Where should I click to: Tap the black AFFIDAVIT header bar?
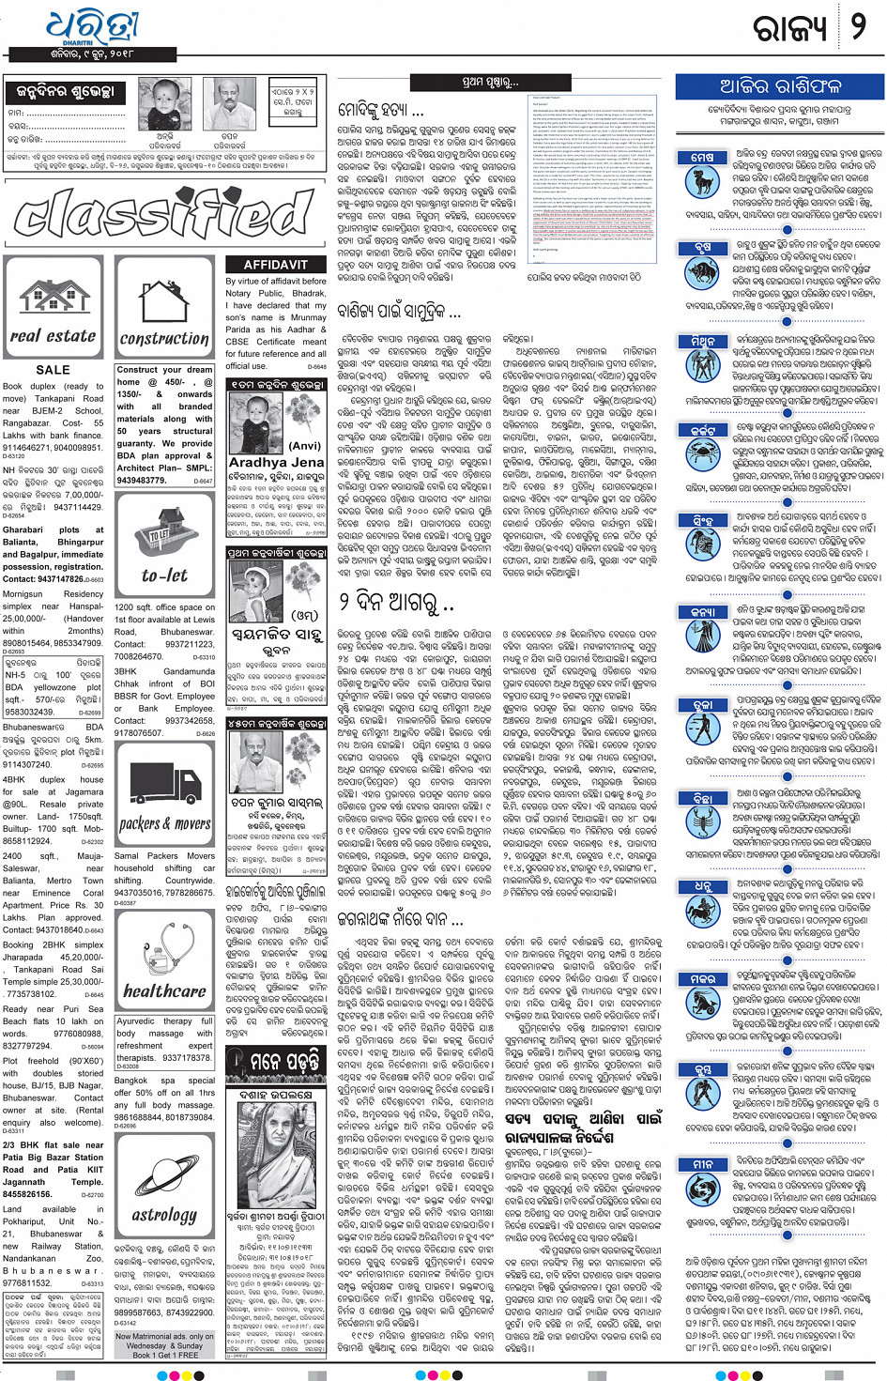pyautogui.click(x=275, y=265)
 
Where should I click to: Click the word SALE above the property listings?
pyautogui.click(x=53, y=370)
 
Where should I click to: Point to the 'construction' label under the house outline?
pyautogui.click(x=164, y=338)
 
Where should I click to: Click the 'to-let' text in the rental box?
pyautogui.click(x=164, y=575)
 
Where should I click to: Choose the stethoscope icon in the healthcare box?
pyautogui.click(x=165, y=947)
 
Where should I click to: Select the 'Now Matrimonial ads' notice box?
pyautogui.click(x=164, y=1345)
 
